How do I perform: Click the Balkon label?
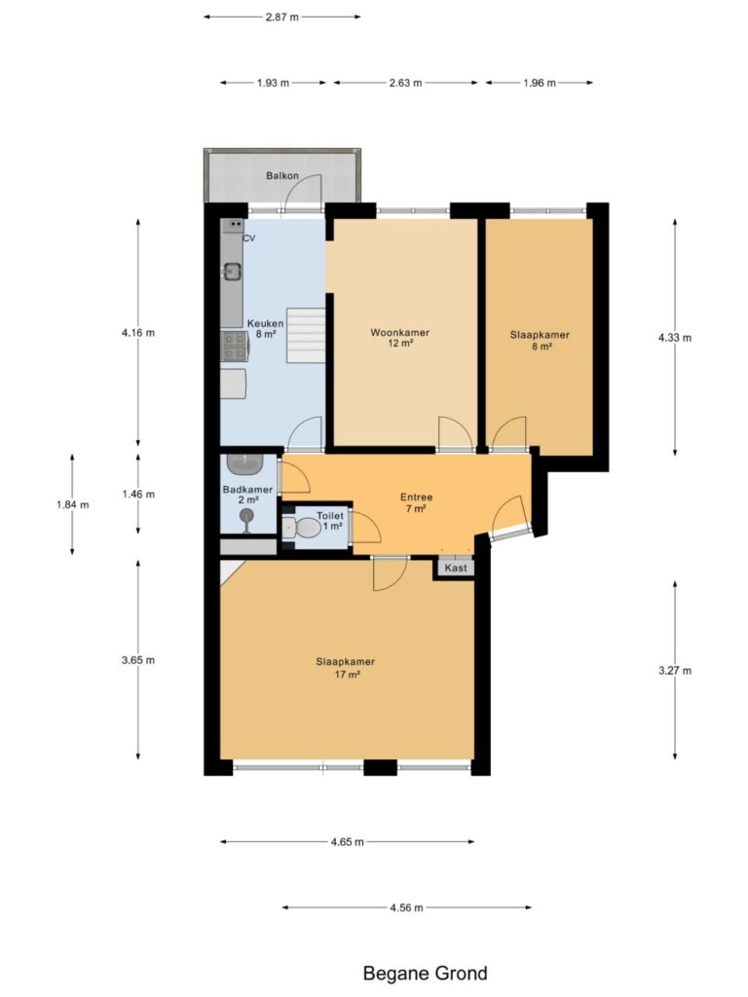coord(281,175)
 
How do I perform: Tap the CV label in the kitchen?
coord(248,239)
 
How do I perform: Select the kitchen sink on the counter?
coord(232,273)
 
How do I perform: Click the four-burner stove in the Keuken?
coord(234,347)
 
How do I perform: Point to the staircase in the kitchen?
coord(306,335)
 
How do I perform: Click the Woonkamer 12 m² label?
coord(400,338)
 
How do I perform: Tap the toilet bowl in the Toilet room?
coord(302,527)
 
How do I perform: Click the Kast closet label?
coord(456,568)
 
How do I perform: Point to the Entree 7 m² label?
coord(416,503)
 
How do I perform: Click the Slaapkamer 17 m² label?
coord(346,668)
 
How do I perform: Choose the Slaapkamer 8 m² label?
coord(540,340)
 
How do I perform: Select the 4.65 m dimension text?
coord(348,842)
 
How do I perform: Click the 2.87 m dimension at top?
coord(281,18)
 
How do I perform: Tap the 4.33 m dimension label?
coord(675,338)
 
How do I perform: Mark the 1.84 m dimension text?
coord(72,505)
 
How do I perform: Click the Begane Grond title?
coord(425,974)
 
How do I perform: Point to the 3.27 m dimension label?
coord(675,670)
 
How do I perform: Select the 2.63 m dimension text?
coord(406,83)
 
